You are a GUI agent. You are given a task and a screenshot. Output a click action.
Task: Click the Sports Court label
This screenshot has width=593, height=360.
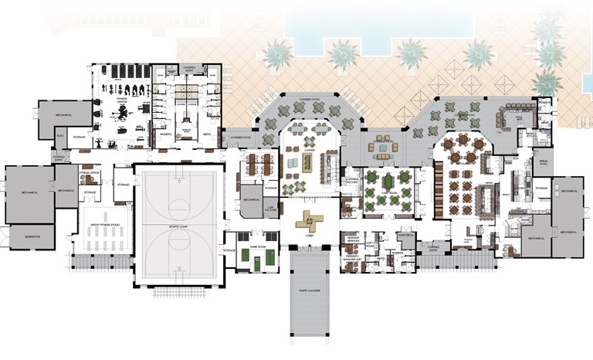click(179, 227)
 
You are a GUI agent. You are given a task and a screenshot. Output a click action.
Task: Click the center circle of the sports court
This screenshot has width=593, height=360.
click(179, 206)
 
